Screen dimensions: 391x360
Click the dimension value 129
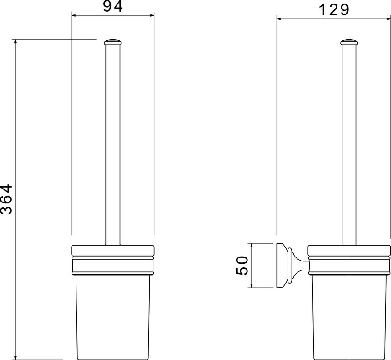(x=334, y=10)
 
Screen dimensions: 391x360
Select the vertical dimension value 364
(x=6, y=199)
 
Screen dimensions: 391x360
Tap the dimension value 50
(x=242, y=265)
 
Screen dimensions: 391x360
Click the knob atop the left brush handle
(x=113, y=42)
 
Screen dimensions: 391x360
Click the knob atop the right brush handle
(x=349, y=42)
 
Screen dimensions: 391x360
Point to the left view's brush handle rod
(x=113, y=145)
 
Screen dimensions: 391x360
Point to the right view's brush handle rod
(x=349, y=145)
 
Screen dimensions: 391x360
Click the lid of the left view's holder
(x=113, y=251)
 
